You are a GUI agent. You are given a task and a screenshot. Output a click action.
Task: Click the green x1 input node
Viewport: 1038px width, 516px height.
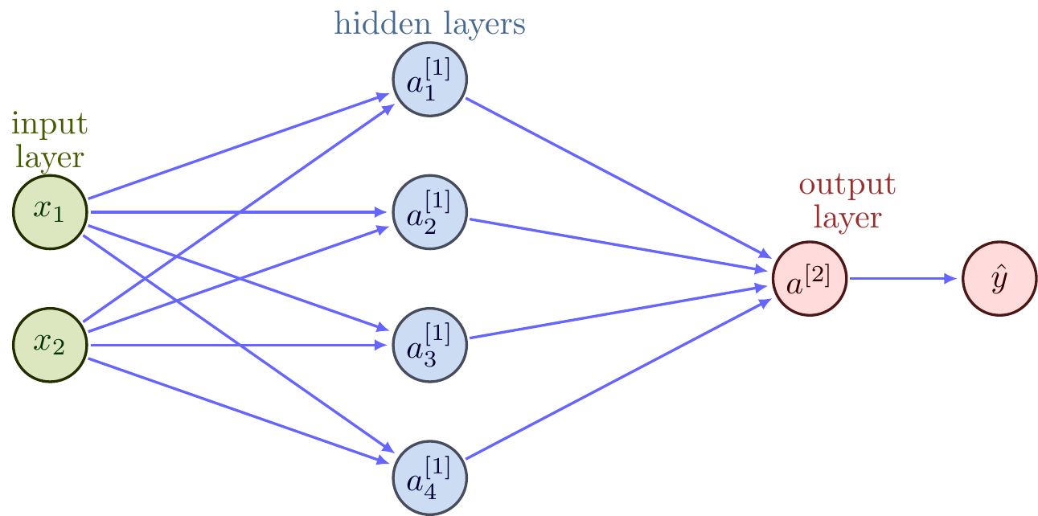click(x=50, y=211)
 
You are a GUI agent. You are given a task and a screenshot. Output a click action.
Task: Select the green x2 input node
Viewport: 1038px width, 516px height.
click(x=50, y=345)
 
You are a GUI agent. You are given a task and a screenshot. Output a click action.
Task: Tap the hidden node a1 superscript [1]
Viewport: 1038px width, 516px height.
click(x=429, y=79)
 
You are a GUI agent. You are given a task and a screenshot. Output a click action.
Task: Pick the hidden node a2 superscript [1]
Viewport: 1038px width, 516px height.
click(x=429, y=212)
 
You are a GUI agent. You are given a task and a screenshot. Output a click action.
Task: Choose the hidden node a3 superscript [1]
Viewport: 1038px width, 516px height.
click(x=429, y=346)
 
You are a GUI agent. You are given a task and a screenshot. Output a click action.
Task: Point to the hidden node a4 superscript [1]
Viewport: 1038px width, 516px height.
click(x=429, y=479)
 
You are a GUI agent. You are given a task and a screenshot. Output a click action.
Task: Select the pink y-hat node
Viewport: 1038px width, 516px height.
click(x=999, y=279)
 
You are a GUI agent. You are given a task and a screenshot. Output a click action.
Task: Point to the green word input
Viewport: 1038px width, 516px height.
click(x=50, y=125)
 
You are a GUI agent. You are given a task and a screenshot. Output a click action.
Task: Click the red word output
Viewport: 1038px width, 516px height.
click(x=847, y=186)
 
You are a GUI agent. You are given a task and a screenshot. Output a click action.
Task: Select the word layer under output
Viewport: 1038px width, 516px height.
click(x=847, y=217)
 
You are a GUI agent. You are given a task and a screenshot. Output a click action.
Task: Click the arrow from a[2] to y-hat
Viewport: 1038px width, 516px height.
click(x=905, y=279)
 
